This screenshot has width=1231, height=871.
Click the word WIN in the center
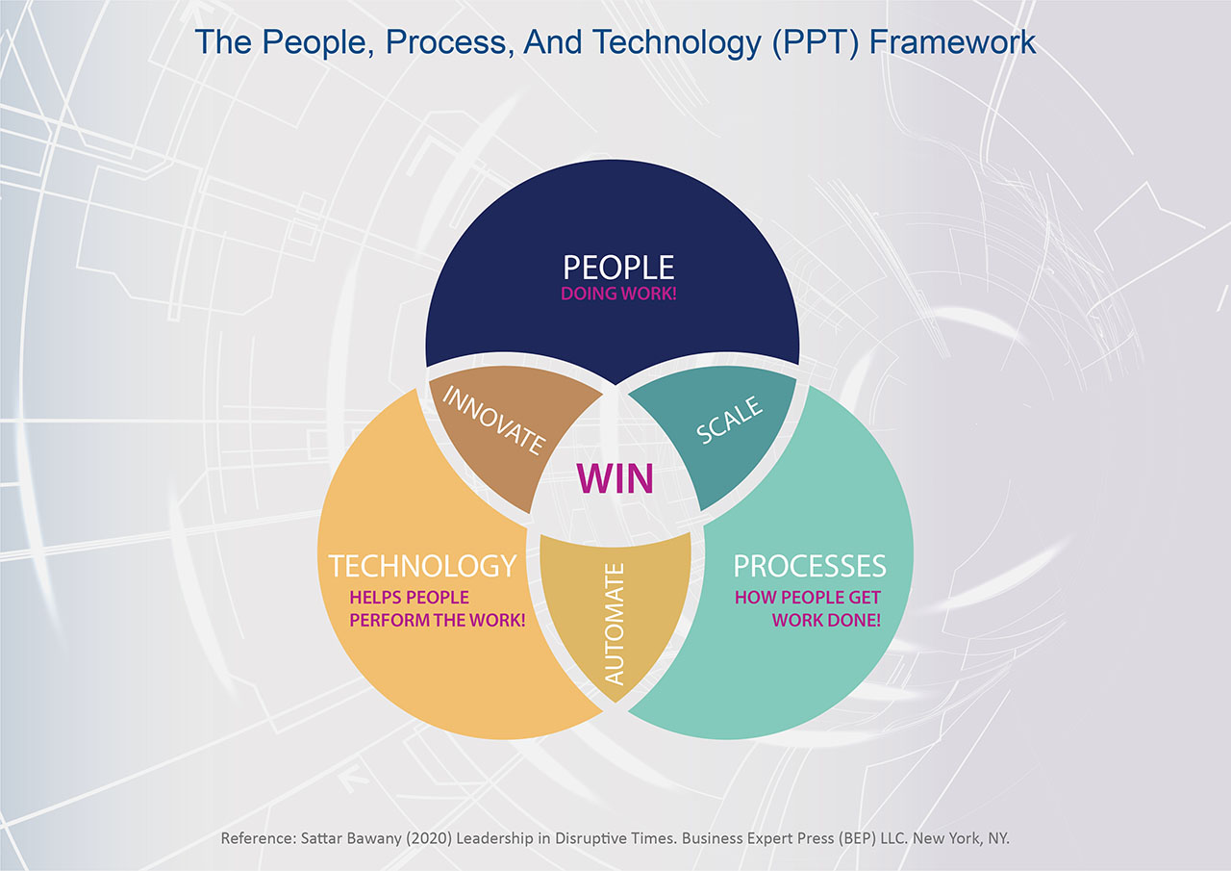(615, 479)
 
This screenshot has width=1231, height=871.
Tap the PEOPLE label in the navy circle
(618, 268)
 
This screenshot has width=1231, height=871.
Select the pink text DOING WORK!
(618, 294)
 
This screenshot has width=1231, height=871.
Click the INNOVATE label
(494, 421)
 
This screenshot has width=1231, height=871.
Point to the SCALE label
(729, 420)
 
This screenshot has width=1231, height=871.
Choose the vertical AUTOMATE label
(615, 624)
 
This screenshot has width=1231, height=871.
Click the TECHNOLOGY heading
(422, 566)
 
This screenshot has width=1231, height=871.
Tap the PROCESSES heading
(810, 566)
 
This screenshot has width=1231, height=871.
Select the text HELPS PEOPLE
(410, 597)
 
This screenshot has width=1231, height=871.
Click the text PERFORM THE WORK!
(438, 620)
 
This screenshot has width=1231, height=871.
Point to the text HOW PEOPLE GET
(808, 597)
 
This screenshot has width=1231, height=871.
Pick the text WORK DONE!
(826, 620)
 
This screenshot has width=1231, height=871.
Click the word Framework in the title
(952, 41)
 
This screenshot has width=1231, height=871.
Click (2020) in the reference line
(429, 838)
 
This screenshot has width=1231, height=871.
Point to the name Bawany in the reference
(374, 839)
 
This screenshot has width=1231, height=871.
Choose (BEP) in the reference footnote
(856, 838)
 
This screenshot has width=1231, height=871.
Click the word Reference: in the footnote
(259, 838)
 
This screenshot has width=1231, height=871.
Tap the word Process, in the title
(450, 42)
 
